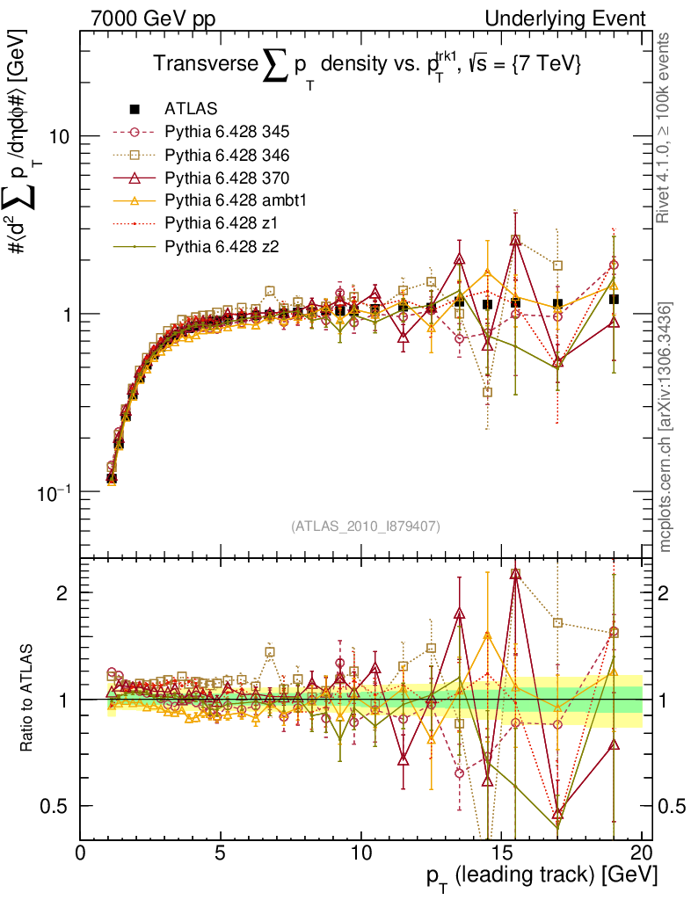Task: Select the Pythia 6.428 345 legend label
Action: point(227,133)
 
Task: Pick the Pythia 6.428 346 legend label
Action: point(227,156)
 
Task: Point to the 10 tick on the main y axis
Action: point(58,137)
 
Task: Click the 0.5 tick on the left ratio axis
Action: point(55,806)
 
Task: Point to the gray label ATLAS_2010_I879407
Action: point(366,526)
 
